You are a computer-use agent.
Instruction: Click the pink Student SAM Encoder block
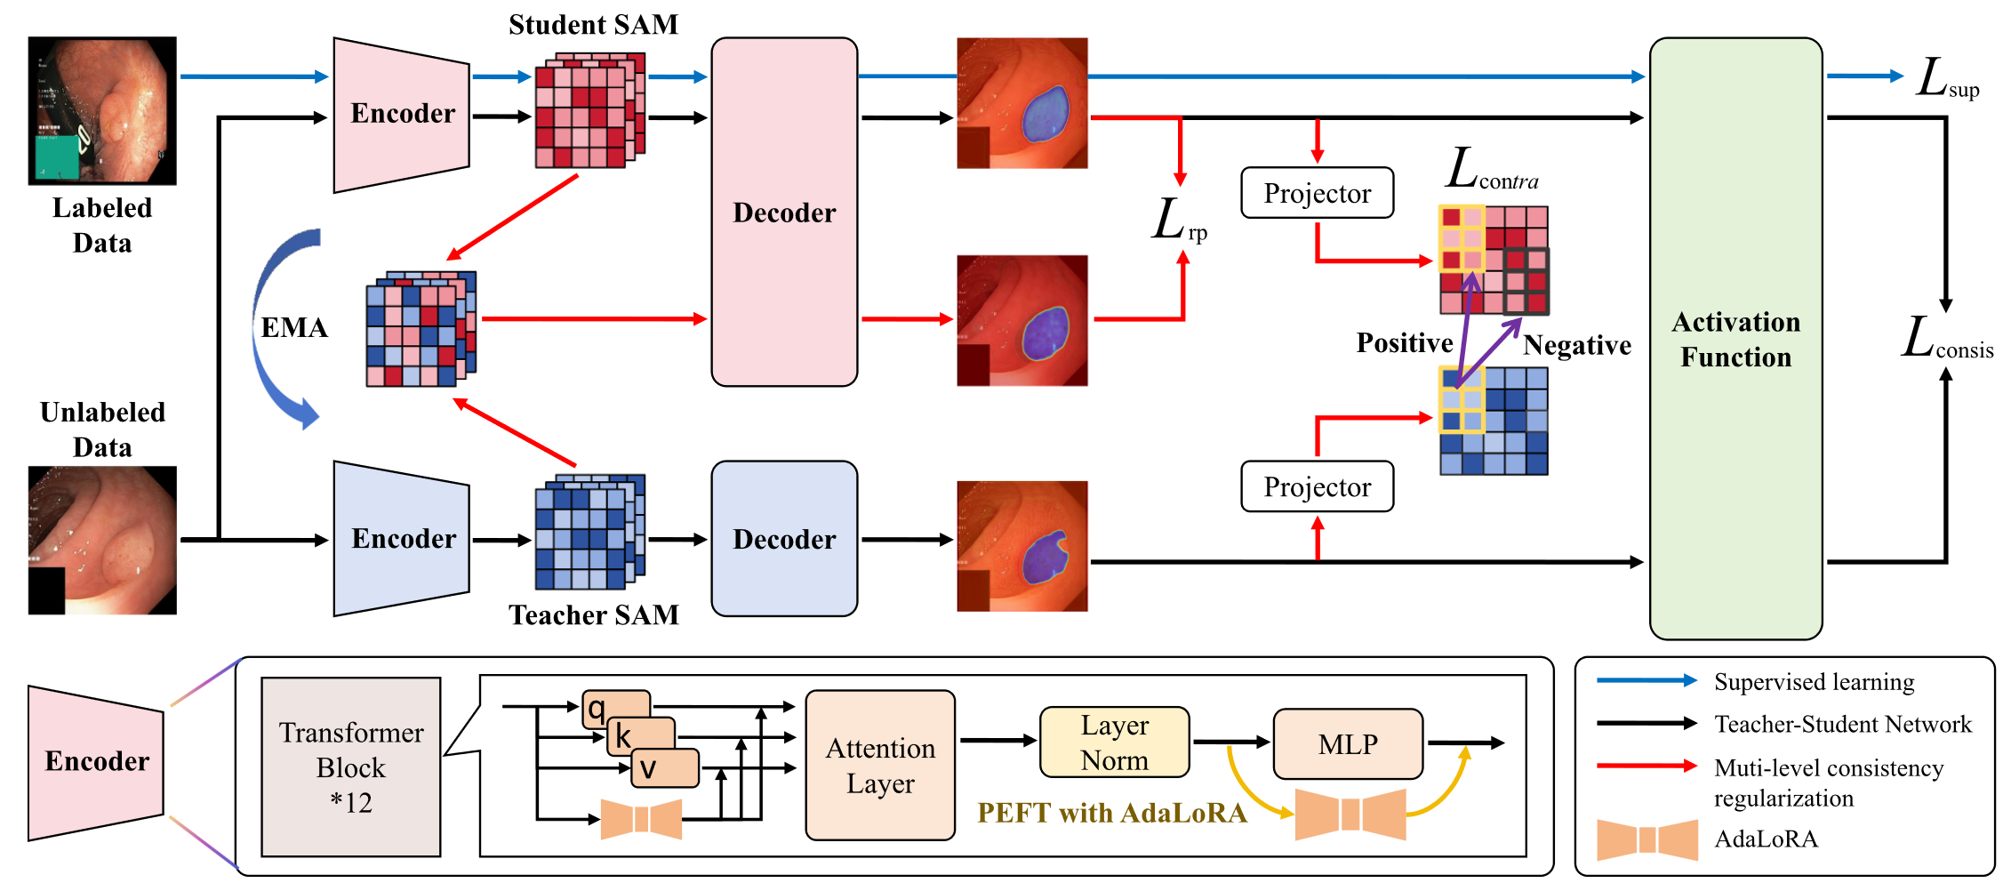(402, 114)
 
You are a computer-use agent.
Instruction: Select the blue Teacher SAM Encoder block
(403, 538)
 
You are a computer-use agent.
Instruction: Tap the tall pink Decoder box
(784, 212)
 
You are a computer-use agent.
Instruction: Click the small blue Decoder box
(784, 539)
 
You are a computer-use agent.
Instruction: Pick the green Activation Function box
(1735, 338)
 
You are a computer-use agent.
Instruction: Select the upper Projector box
(1317, 193)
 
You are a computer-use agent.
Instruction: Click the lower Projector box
(1317, 486)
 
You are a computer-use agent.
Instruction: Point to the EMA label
(294, 327)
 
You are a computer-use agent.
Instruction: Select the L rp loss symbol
(1179, 221)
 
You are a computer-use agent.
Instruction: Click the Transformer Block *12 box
(351, 767)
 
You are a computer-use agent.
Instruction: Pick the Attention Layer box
(880, 765)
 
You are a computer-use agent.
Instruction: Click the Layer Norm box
(1114, 742)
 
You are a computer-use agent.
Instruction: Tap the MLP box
(1348, 743)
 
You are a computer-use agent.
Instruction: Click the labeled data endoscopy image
(102, 110)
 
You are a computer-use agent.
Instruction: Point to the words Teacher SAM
(593, 614)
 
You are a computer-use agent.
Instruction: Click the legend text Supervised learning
(1814, 682)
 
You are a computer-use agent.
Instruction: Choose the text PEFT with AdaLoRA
(1111, 813)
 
